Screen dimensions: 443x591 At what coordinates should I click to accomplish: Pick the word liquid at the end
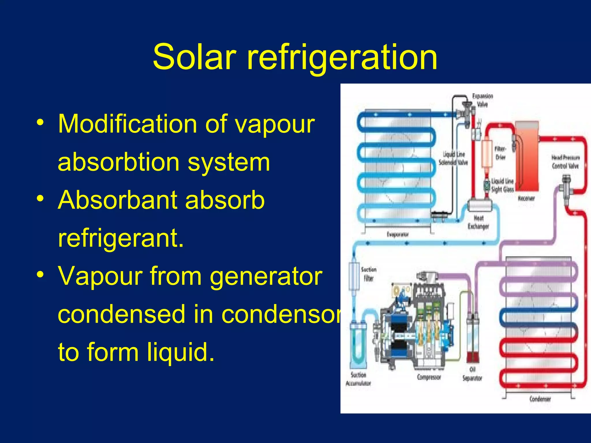[181, 352]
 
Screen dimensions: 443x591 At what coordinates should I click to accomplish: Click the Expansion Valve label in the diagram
[482, 100]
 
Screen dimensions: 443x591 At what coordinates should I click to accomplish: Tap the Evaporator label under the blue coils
[398, 234]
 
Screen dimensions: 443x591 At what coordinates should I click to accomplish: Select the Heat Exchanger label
[478, 222]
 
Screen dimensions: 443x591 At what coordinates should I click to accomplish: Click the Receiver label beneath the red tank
[526, 198]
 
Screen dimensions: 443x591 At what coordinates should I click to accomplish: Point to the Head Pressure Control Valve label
[565, 162]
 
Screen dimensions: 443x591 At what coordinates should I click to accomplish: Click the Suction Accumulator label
[358, 379]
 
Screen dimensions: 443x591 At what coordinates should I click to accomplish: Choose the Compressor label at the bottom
[429, 377]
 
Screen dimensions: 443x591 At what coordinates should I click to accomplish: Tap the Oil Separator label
[472, 374]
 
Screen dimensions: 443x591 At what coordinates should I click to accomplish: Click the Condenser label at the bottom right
[540, 399]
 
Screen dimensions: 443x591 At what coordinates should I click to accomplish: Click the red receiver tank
[527, 156]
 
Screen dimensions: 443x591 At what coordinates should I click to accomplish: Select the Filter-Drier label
[500, 153]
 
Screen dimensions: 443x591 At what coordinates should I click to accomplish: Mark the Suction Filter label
[369, 274]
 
